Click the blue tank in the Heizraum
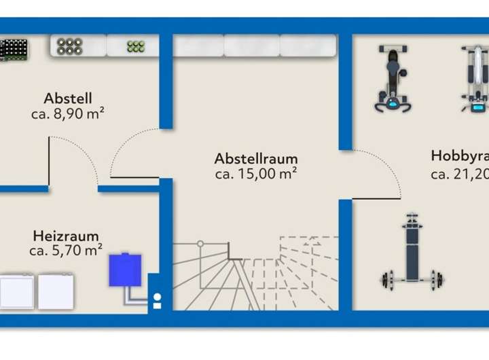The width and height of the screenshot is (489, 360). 126,270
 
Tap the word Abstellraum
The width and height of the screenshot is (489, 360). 256,159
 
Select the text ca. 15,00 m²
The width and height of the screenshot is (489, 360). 256,174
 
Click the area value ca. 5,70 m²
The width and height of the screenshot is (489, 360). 66,251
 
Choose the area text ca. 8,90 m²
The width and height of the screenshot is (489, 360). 67,113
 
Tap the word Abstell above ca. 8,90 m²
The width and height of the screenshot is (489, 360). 68,97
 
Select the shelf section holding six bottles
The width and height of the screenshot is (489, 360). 70,46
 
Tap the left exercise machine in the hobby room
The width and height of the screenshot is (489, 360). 392,78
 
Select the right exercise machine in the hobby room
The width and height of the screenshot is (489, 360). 473,79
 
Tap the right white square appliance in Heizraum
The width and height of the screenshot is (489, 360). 55,291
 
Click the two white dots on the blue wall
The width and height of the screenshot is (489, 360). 157,301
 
